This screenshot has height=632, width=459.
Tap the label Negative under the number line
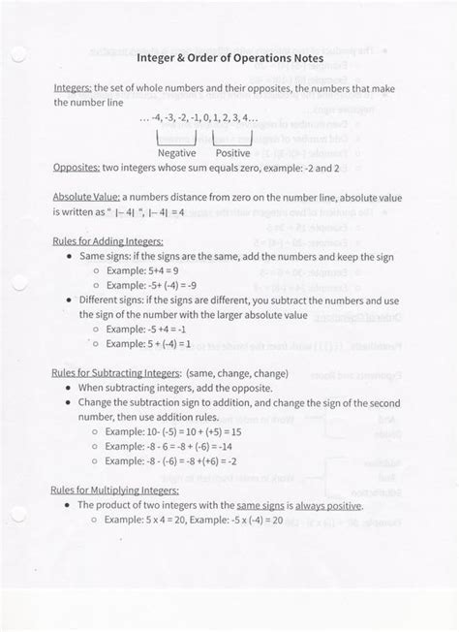176,152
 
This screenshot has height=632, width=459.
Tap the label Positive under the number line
232,152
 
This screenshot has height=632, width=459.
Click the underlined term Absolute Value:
86,195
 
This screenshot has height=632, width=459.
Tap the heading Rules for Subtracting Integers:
115,372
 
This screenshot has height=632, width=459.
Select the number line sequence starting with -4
199,118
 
